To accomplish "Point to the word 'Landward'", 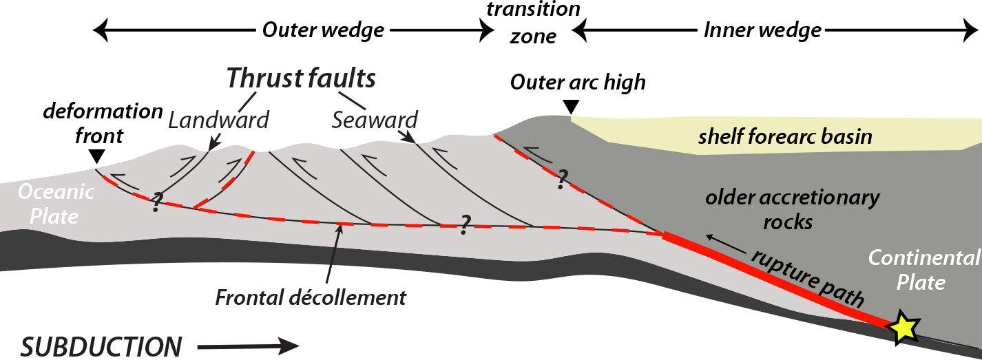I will tap(218, 120).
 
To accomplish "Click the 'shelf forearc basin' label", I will tap(784, 136).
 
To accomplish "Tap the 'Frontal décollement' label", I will tap(311, 298).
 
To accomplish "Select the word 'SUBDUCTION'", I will tap(101, 346).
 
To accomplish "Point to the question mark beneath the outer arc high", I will tap(562, 179).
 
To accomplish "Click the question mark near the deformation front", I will tap(157, 202).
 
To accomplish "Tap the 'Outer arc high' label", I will tap(577, 82).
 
